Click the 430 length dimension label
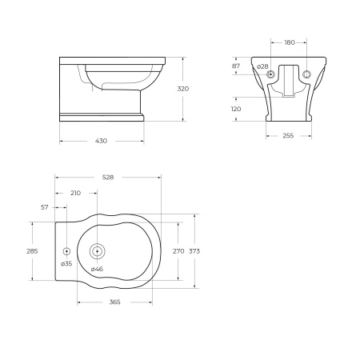click(101, 141)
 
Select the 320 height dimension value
click(183, 89)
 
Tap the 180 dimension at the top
click(290, 42)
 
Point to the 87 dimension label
click(236, 66)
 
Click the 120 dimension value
click(236, 109)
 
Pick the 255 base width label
click(288, 136)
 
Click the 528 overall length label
click(108, 177)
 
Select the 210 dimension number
click(75, 193)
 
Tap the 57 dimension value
click(45, 207)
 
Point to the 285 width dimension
click(32, 251)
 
